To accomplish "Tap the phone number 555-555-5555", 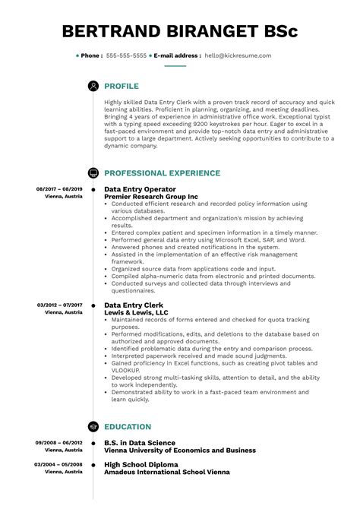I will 127,55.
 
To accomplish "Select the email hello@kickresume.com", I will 237,55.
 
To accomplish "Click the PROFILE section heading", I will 122,87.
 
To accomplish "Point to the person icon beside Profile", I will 93,87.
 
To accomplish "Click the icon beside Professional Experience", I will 93,173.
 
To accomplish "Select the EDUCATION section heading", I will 128,427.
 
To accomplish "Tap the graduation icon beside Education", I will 93,427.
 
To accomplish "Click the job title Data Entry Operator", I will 140,189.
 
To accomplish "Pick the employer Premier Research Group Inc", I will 150,197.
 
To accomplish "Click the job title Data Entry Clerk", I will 134,305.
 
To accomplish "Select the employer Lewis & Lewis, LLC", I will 136,312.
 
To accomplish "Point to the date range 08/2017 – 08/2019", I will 59,188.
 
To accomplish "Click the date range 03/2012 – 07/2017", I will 59,305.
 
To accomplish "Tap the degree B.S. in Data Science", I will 140,443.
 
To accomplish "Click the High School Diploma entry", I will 141,464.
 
